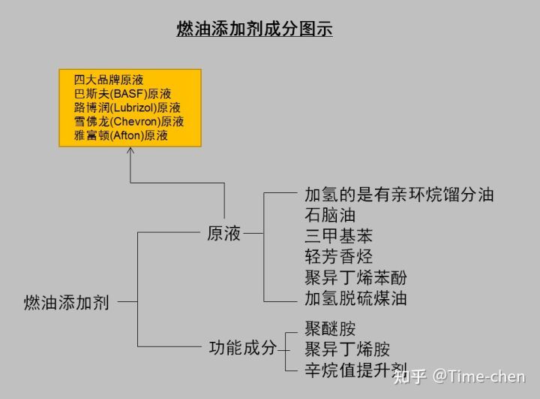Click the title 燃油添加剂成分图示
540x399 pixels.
pyautogui.click(x=254, y=30)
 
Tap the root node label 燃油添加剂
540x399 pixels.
pyautogui.click(x=67, y=303)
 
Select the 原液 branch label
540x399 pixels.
pyautogui.click(x=223, y=234)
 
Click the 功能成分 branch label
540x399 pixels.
pyautogui.click(x=242, y=348)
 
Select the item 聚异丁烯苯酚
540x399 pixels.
pyautogui.click(x=355, y=277)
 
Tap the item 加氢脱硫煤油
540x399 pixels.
pyautogui.click(x=355, y=298)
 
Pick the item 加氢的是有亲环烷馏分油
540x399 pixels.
pyautogui.click(x=398, y=195)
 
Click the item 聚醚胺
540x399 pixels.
pyautogui.click(x=329, y=328)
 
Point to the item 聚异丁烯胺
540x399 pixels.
pyautogui.click(x=347, y=349)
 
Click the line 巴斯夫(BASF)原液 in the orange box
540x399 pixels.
pyautogui.click(x=122, y=94)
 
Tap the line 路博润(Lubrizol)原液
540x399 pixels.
pyautogui.click(x=127, y=107)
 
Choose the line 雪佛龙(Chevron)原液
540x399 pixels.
pyautogui.click(x=128, y=122)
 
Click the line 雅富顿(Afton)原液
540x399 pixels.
pyautogui.click(x=120, y=136)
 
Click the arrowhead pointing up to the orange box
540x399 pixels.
pyautogui.click(x=130, y=150)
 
